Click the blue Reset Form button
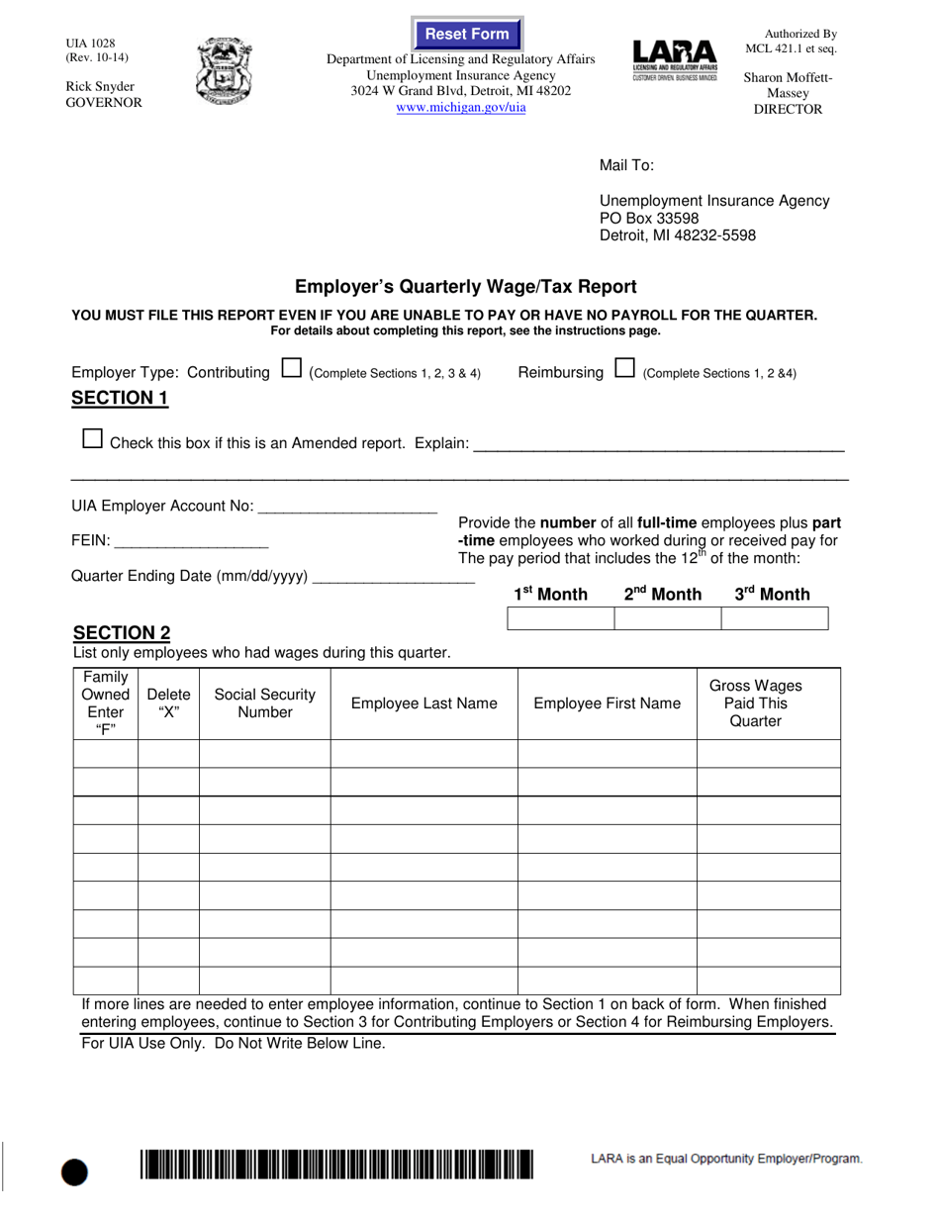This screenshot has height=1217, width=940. [x=467, y=35]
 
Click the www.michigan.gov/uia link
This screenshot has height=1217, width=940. [x=461, y=107]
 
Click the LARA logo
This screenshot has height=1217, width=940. [x=673, y=61]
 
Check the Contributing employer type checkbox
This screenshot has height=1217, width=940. [x=291, y=370]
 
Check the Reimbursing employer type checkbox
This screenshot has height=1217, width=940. [x=624, y=370]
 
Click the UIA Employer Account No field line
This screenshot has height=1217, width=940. [x=346, y=506]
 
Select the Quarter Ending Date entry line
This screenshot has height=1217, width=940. [x=393, y=576]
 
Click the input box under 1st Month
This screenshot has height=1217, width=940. [x=560, y=619]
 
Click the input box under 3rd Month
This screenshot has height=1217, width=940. [x=774, y=619]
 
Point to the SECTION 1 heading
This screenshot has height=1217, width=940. [x=120, y=399]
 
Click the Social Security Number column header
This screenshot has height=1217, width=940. [x=264, y=703]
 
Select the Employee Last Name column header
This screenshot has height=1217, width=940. [x=423, y=703]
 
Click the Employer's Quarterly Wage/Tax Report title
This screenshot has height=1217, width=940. [x=466, y=287]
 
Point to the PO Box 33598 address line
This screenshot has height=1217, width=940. [x=649, y=218]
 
